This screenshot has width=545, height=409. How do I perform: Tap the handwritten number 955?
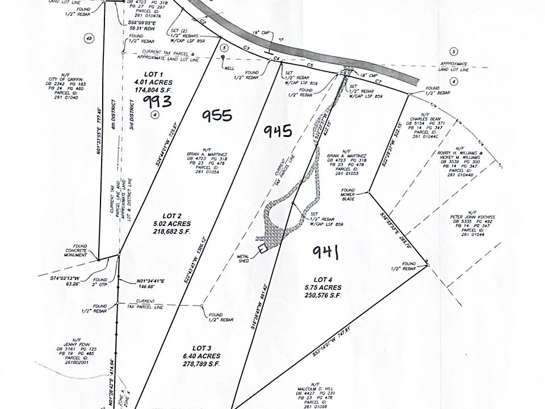[x=217, y=115]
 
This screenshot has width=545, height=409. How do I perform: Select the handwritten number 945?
[x=278, y=131]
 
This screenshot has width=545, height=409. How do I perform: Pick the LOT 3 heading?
[x=202, y=348]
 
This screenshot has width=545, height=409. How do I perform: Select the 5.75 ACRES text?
[x=321, y=287]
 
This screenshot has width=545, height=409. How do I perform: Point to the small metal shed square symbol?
[x=262, y=249]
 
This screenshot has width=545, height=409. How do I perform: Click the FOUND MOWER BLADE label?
[x=347, y=194]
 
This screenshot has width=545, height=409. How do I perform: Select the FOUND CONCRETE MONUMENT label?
[x=79, y=251]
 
